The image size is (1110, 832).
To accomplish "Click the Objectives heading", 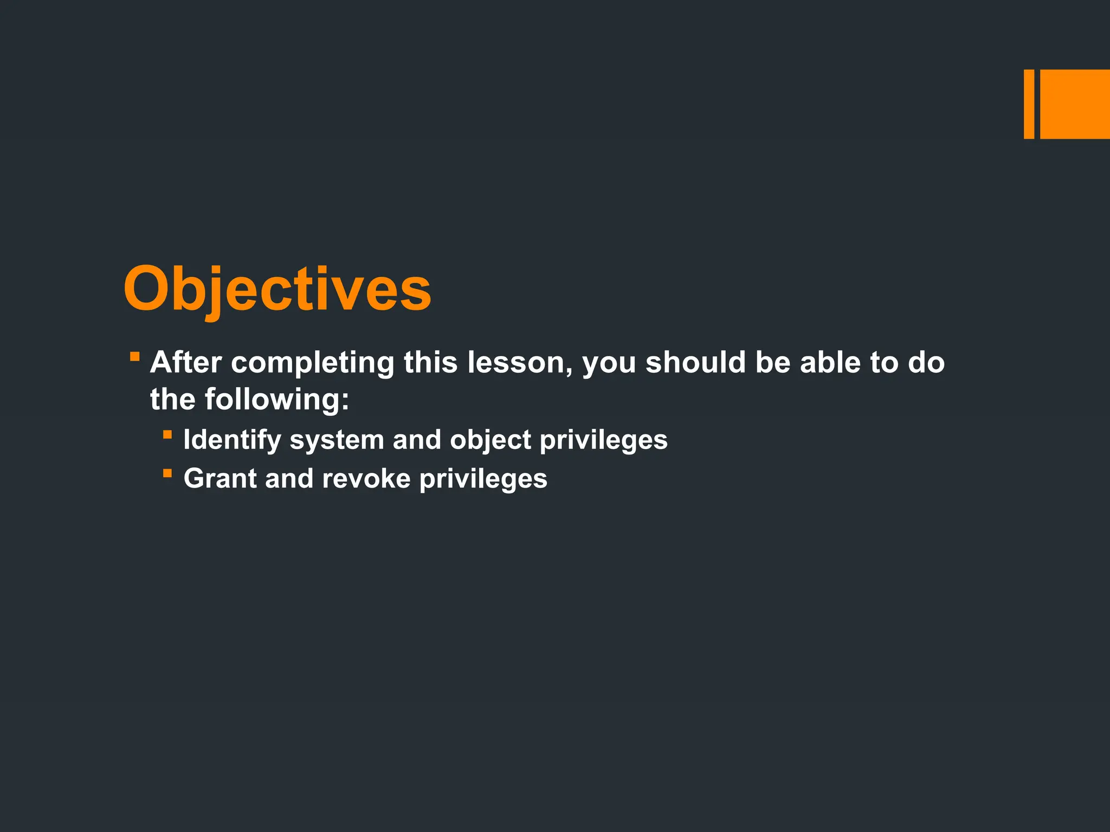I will [277, 290].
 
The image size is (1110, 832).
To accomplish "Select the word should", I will [695, 362].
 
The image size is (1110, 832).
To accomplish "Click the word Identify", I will [232, 440].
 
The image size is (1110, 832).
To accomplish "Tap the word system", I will [337, 440].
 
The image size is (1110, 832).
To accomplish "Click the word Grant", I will [220, 479].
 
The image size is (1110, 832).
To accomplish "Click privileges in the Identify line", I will [603, 440].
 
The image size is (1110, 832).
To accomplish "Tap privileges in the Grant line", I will [483, 479].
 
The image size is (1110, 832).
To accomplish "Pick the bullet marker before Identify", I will [167, 434].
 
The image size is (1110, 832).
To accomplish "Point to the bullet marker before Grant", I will [167, 473].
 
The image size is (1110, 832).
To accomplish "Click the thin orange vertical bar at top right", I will [1029, 104].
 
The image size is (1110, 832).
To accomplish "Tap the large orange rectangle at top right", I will [1075, 104].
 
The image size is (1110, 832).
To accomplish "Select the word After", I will [186, 362].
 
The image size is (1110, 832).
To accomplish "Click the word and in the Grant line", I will [289, 479].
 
